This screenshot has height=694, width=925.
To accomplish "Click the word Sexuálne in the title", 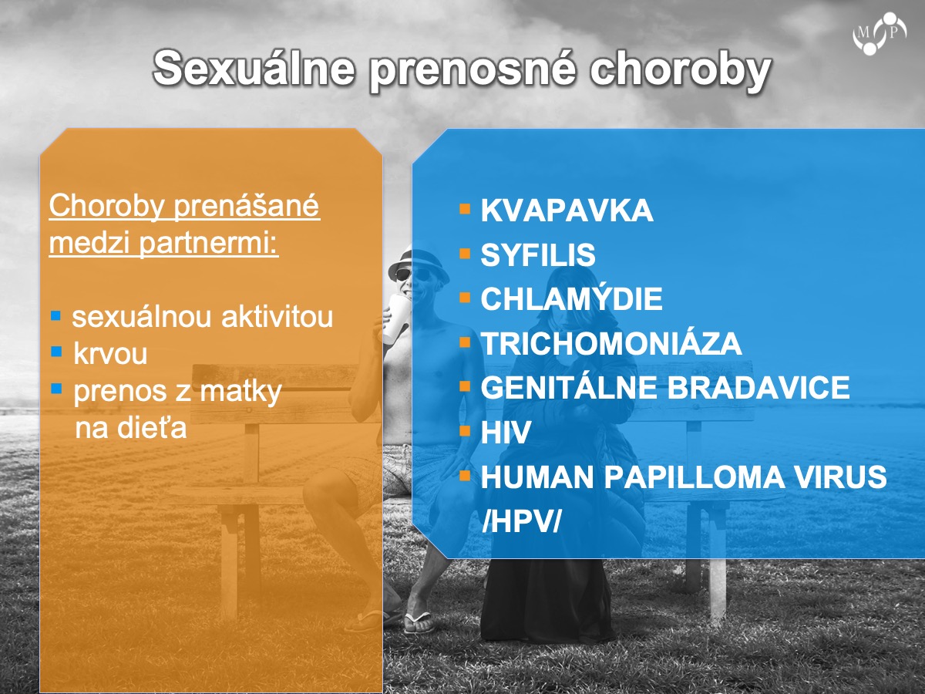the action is pos(254,68).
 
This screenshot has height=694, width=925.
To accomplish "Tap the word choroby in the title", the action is pos(681,70).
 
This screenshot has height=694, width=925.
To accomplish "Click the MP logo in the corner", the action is pos(880,34).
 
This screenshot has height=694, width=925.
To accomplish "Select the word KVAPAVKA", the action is pos(567,210).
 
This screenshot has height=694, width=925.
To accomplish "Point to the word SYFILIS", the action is pos(538,254).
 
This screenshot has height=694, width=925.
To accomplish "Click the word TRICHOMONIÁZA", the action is pos(611,342).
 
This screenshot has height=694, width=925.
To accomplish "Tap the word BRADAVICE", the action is pos(758,387).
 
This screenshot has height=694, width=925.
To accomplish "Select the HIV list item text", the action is pos(505,432).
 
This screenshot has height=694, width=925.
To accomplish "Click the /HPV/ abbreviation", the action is pos(521,521).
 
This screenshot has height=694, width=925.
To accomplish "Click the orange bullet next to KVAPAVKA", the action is pos(464,209).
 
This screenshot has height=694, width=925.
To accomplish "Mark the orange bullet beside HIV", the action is pos(464,430).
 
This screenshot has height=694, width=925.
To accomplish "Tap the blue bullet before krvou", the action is pos(56,351).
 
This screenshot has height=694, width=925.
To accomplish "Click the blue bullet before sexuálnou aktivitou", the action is pos(56,315).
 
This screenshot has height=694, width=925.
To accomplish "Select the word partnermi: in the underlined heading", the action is pos(209,243).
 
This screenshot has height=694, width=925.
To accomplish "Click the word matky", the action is pos(240,392).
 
